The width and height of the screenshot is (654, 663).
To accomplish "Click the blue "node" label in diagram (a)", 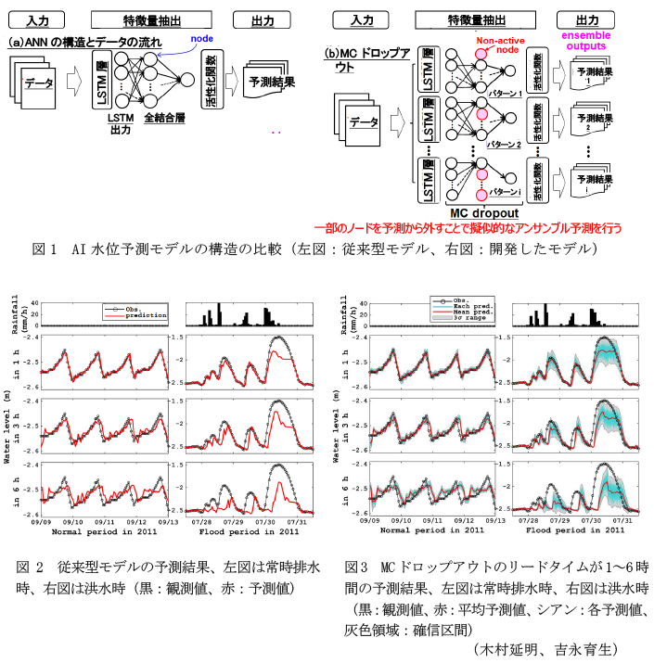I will (201, 38).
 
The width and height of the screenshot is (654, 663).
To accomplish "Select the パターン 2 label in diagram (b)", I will (505, 145).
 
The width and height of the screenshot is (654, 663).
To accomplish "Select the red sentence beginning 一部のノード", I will (468, 226).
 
